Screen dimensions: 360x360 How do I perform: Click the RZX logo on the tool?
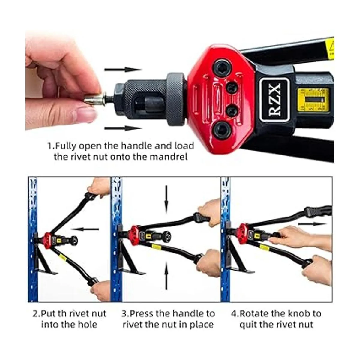[x=274, y=100]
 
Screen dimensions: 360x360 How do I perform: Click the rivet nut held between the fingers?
[x=94, y=99]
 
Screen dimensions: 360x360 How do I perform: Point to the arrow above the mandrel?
[x=123, y=70]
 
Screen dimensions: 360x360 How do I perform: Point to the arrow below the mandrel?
[x=123, y=128]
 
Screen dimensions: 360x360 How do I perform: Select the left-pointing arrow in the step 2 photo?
[x=85, y=229]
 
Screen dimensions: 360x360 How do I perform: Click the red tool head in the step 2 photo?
[x=47, y=241]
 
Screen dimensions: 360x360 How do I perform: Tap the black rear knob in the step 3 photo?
[x=166, y=235]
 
